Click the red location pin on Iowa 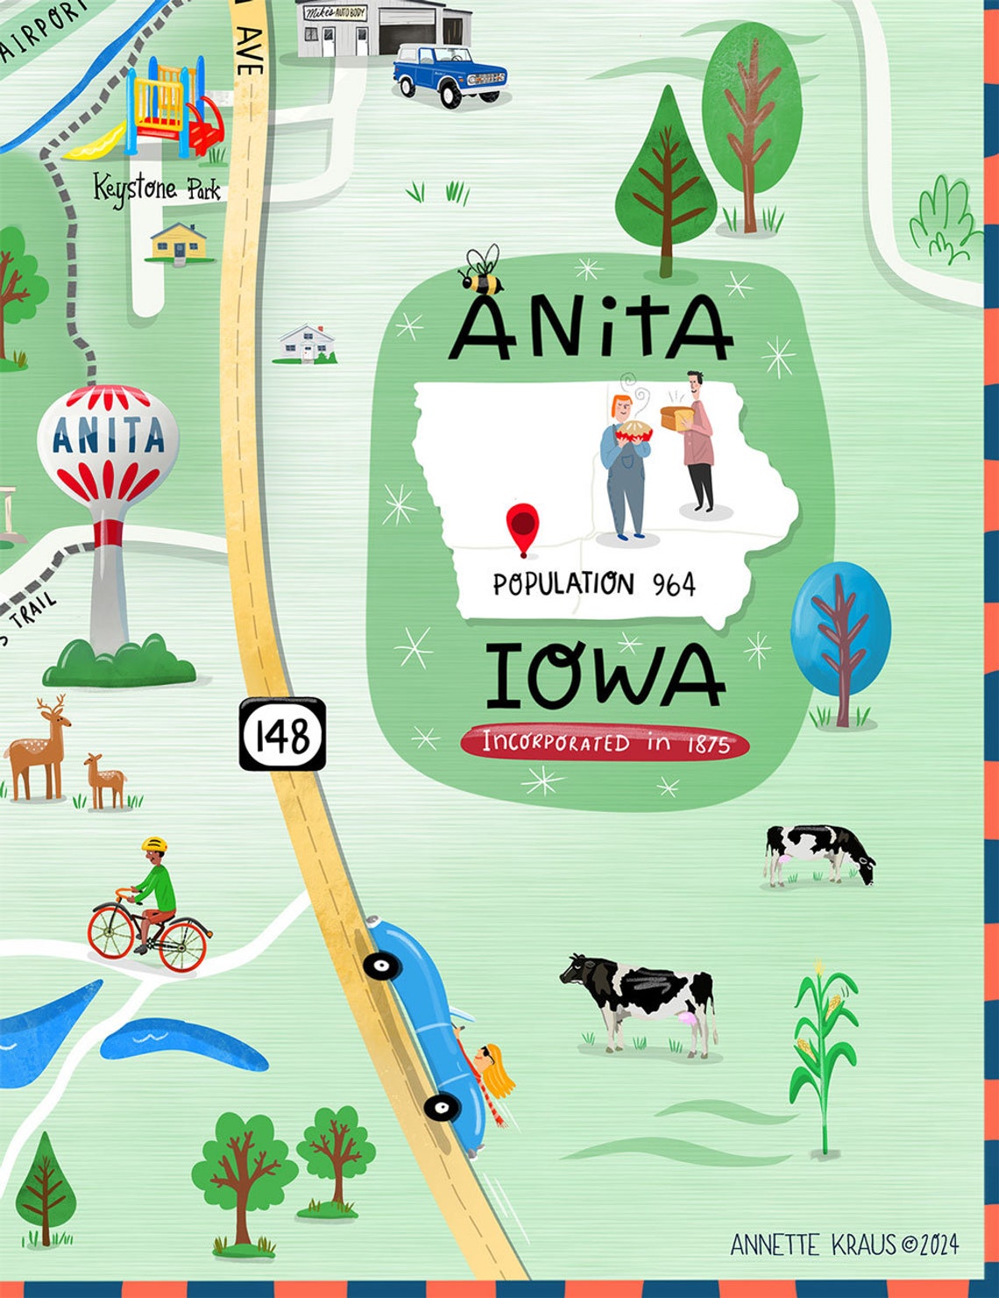tap(522, 526)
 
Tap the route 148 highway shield tap(282, 734)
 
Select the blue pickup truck tap(450, 75)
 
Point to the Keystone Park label tap(157, 188)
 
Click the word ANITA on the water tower tap(108, 435)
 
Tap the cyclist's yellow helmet tap(154, 845)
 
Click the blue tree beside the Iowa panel tap(840, 627)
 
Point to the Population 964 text tap(593, 584)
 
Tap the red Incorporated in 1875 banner tap(605, 744)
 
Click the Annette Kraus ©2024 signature tap(844, 1245)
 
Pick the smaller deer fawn tap(104, 780)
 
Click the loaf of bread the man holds tap(677, 418)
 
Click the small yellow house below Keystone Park tap(179, 243)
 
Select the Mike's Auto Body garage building tap(382, 28)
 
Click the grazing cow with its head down tap(818, 852)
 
